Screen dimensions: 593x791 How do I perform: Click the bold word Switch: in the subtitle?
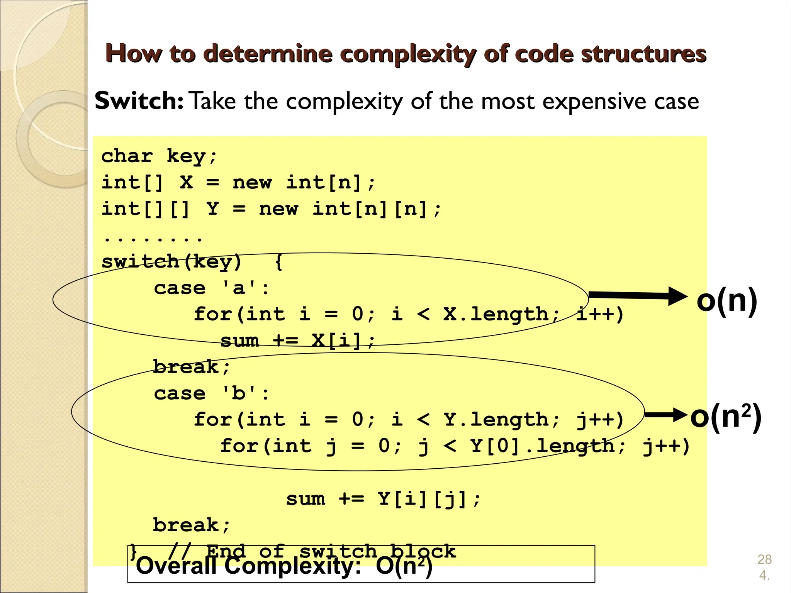(139, 101)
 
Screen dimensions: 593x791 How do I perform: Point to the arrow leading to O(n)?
(637, 296)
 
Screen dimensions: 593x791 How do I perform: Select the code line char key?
(160, 156)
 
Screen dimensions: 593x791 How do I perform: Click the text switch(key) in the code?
(171, 262)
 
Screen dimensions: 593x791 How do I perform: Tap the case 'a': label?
(211, 288)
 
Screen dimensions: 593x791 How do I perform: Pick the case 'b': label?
(211, 393)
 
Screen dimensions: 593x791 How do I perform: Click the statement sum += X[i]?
(297, 341)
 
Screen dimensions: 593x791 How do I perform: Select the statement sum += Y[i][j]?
(383, 499)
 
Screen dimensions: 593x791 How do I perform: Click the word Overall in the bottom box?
(176, 566)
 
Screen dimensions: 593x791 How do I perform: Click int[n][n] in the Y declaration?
(370, 209)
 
